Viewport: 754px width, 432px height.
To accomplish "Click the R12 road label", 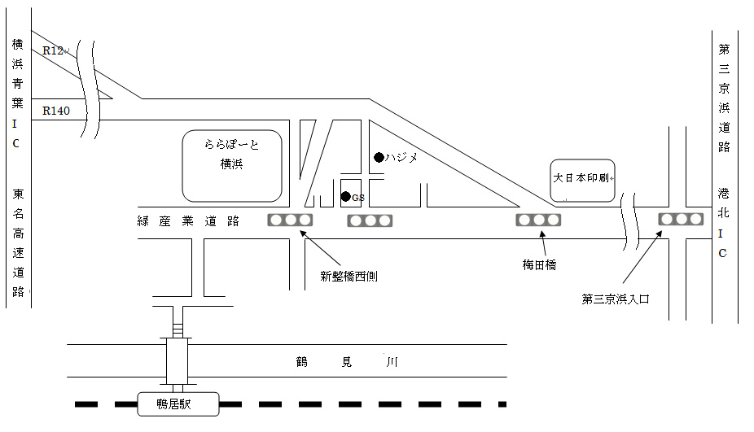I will [x=54, y=50].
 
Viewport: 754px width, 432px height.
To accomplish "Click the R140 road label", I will [x=56, y=110].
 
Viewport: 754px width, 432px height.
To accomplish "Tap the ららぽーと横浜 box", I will [x=231, y=165].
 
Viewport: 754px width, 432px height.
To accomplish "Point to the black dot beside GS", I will [x=346, y=196].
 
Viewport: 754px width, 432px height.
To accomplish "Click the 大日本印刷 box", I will [x=581, y=180].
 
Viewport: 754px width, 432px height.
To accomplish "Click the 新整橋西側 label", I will [x=349, y=277].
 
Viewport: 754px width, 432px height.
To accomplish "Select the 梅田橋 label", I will [x=539, y=265].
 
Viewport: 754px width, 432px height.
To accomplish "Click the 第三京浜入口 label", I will [x=616, y=299].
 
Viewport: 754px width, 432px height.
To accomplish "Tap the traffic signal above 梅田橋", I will [x=539, y=220].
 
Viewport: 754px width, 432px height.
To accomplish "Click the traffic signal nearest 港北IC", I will [x=681, y=219].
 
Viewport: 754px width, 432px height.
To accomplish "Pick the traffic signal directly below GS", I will [x=370, y=220].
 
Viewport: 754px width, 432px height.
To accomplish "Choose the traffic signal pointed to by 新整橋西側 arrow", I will [x=291, y=220].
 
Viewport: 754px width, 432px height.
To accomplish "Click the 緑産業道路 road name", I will [x=188, y=220].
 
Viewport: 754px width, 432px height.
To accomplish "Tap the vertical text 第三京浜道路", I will [x=723, y=98].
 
